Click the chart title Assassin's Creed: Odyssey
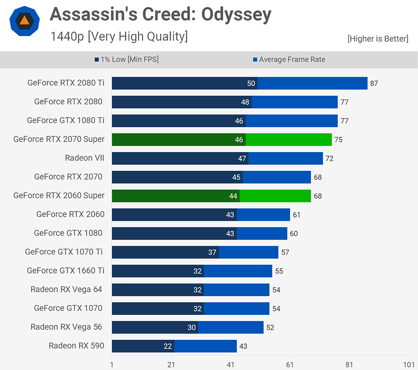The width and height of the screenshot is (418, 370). [160, 15]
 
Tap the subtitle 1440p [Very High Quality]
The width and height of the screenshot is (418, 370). [119, 36]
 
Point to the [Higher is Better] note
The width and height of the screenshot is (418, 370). [378, 39]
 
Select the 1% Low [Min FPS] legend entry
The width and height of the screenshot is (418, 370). [127, 60]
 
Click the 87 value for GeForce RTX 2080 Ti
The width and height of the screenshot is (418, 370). [374, 84]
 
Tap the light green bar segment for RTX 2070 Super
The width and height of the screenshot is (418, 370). [289, 140]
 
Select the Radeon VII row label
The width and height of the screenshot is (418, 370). [85, 158]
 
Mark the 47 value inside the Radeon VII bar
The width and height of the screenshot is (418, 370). [242, 158]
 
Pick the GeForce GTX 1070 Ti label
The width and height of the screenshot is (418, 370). [64, 252]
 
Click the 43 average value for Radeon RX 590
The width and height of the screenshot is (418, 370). [243, 346]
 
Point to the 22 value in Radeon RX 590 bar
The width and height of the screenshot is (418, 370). [168, 346]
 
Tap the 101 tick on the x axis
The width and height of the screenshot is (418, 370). [408, 365]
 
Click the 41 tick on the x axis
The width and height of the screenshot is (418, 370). [231, 365]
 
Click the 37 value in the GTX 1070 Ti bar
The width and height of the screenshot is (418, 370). [212, 252]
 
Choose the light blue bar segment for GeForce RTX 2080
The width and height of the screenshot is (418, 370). [295, 102]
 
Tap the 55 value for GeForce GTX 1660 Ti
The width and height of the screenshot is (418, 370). [279, 271]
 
